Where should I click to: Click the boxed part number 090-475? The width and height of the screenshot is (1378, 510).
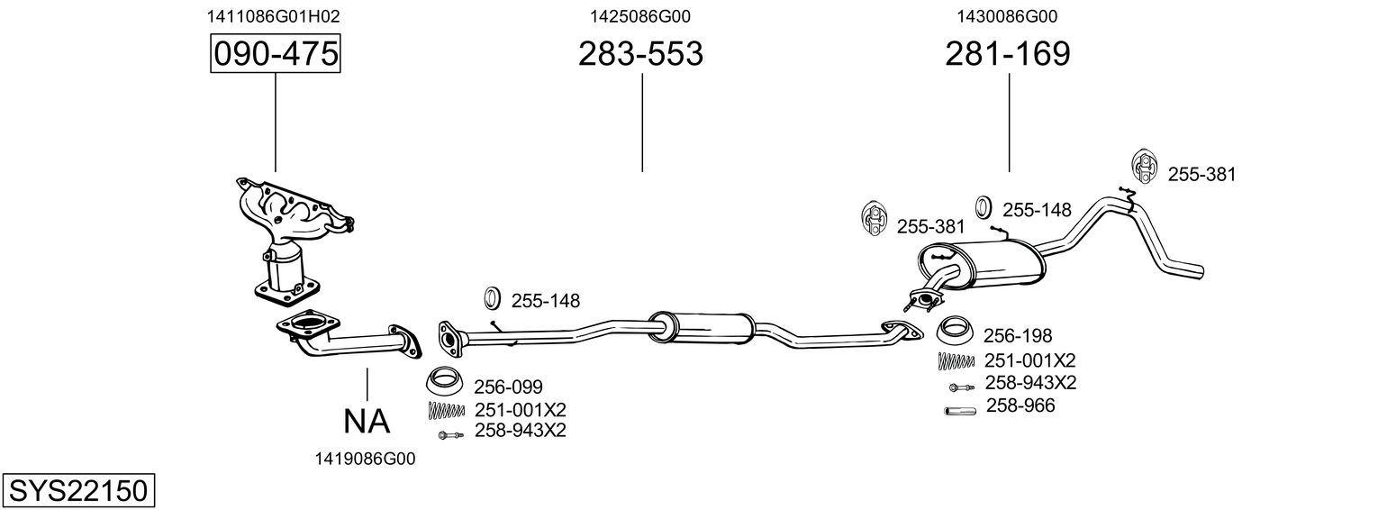pos(276,54)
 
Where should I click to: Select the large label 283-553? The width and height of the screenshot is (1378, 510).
pos(640,54)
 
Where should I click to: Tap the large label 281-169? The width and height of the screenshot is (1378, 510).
pos(1008,54)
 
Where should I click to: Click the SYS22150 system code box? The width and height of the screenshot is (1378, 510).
pos(77,491)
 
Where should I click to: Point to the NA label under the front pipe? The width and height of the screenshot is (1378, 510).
pos(367,420)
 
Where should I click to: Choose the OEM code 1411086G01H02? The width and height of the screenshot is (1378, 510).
pos(274,16)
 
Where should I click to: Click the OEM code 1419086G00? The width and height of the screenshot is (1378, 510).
pos(365,459)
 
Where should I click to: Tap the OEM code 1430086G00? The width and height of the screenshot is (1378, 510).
pos(1008,16)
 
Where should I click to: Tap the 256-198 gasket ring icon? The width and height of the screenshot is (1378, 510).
pos(955,331)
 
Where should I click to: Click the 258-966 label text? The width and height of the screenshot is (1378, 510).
pos(1020,406)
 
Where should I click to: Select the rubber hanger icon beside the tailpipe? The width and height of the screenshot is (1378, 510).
pos(1143,167)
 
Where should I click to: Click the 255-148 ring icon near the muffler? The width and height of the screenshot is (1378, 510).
pos(984,207)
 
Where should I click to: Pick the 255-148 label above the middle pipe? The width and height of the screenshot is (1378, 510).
pos(546,300)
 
